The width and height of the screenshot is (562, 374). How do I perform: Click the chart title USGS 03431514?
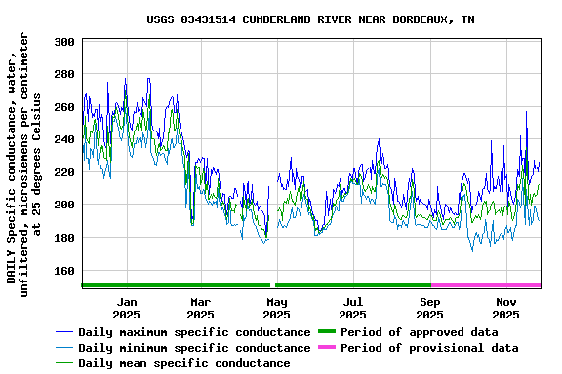point(310,19)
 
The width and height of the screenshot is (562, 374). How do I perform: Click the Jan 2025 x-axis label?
point(126,308)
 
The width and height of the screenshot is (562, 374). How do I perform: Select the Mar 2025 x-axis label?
point(200,308)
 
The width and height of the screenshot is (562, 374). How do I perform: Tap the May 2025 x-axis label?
point(276,308)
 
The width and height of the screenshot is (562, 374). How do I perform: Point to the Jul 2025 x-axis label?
point(353,308)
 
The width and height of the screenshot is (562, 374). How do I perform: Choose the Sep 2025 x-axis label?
point(430,308)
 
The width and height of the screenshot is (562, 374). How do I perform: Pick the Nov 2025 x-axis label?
point(506,308)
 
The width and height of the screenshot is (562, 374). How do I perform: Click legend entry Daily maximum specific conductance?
point(194,332)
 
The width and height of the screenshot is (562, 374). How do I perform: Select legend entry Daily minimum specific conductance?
point(194,348)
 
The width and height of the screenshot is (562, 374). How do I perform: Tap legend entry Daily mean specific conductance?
point(183,363)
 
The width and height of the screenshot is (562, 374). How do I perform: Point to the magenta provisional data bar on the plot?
point(485,285)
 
